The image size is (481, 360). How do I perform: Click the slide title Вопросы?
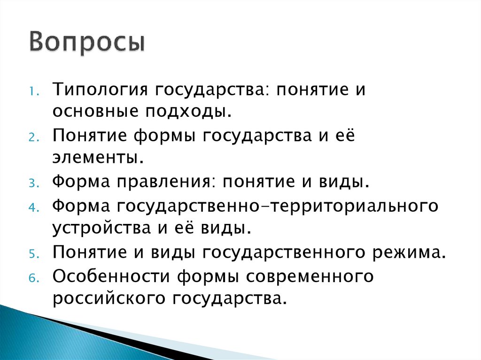[x=87, y=43]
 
